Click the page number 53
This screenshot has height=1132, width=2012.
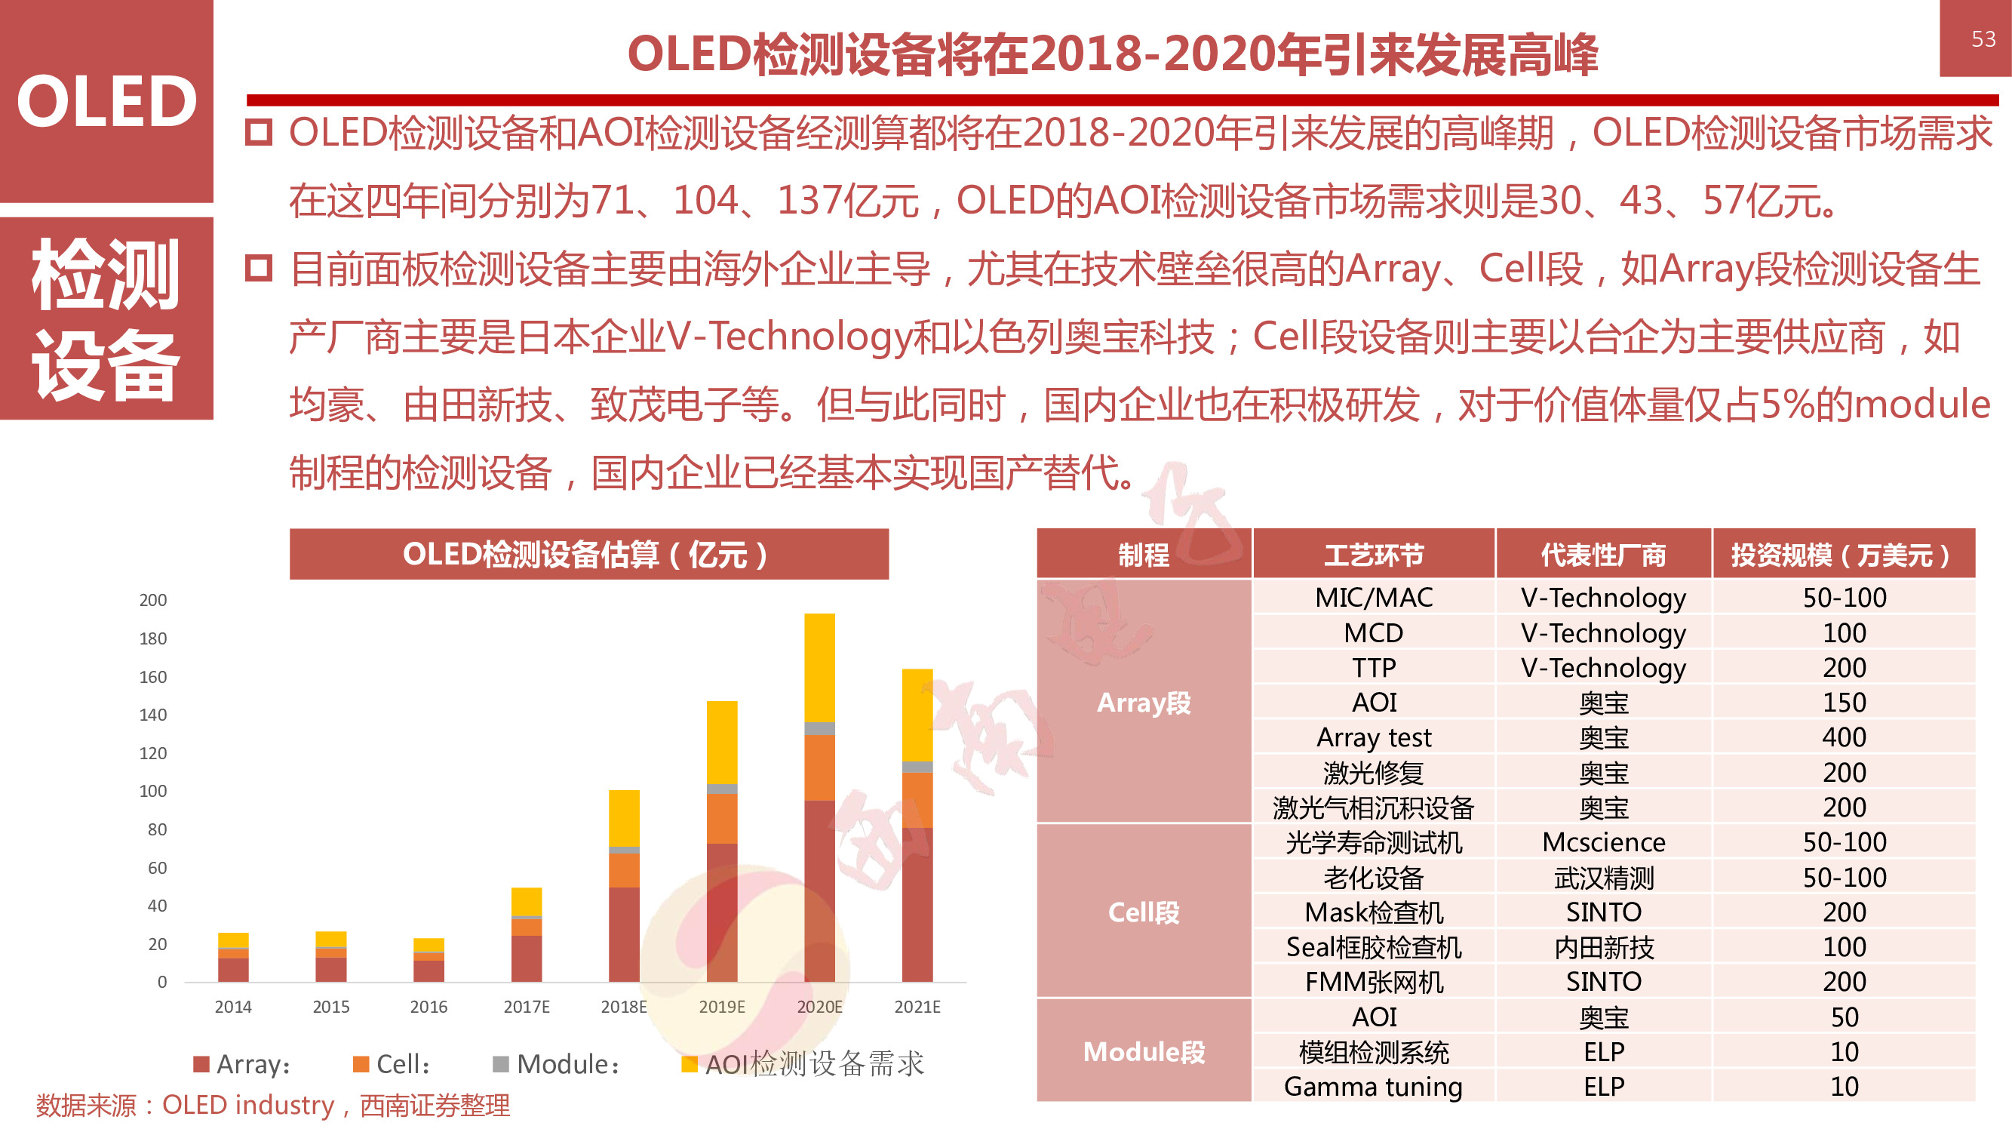(x=1983, y=39)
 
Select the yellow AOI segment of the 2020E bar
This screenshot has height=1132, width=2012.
(x=819, y=668)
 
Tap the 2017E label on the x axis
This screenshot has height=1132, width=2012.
(x=527, y=1007)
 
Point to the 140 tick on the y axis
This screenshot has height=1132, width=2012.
(x=153, y=715)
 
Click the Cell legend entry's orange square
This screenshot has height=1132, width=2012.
(x=361, y=1064)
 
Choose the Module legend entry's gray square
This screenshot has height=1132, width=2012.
(x=501, y=1064)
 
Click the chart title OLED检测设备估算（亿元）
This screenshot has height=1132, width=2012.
(x=588, y=555)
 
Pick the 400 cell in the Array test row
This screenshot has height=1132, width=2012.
(x=1844, y=737)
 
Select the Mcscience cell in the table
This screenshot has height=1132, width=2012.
(x=1604, y=842)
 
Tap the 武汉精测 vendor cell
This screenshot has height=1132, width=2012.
(x=1604, y=878)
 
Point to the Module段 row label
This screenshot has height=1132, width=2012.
(x=1144, y=1051)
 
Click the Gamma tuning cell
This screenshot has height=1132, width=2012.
(x=1373, y=1087)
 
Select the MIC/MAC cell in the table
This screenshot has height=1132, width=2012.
(x=1373, y=598)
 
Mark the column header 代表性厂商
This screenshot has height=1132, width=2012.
(x=1604, y=555)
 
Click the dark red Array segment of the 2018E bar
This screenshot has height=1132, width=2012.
(x=624, y=934)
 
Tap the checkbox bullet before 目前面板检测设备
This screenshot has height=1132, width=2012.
(x=259, y=269)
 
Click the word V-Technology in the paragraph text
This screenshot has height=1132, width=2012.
(x=789, y=337)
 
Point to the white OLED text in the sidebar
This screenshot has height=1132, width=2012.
(x=107, y=102)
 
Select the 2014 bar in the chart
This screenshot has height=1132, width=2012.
(x=234, y=958)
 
